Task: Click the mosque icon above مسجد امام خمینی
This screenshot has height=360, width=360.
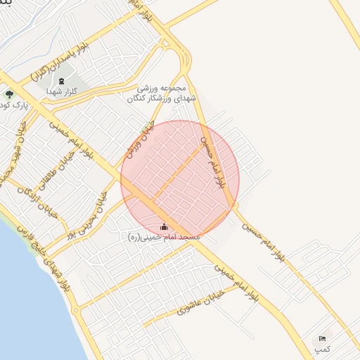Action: pos(165,226)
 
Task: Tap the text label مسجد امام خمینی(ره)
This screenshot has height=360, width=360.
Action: pos(164,238)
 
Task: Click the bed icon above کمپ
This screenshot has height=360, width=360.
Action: pos(323,339)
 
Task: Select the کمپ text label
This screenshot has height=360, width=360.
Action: pos(321,349)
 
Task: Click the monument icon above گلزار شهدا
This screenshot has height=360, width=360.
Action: pos(61,82)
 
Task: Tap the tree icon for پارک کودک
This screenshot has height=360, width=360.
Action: pos(9,94)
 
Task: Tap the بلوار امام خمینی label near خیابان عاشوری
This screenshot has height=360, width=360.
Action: pos(237,279)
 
